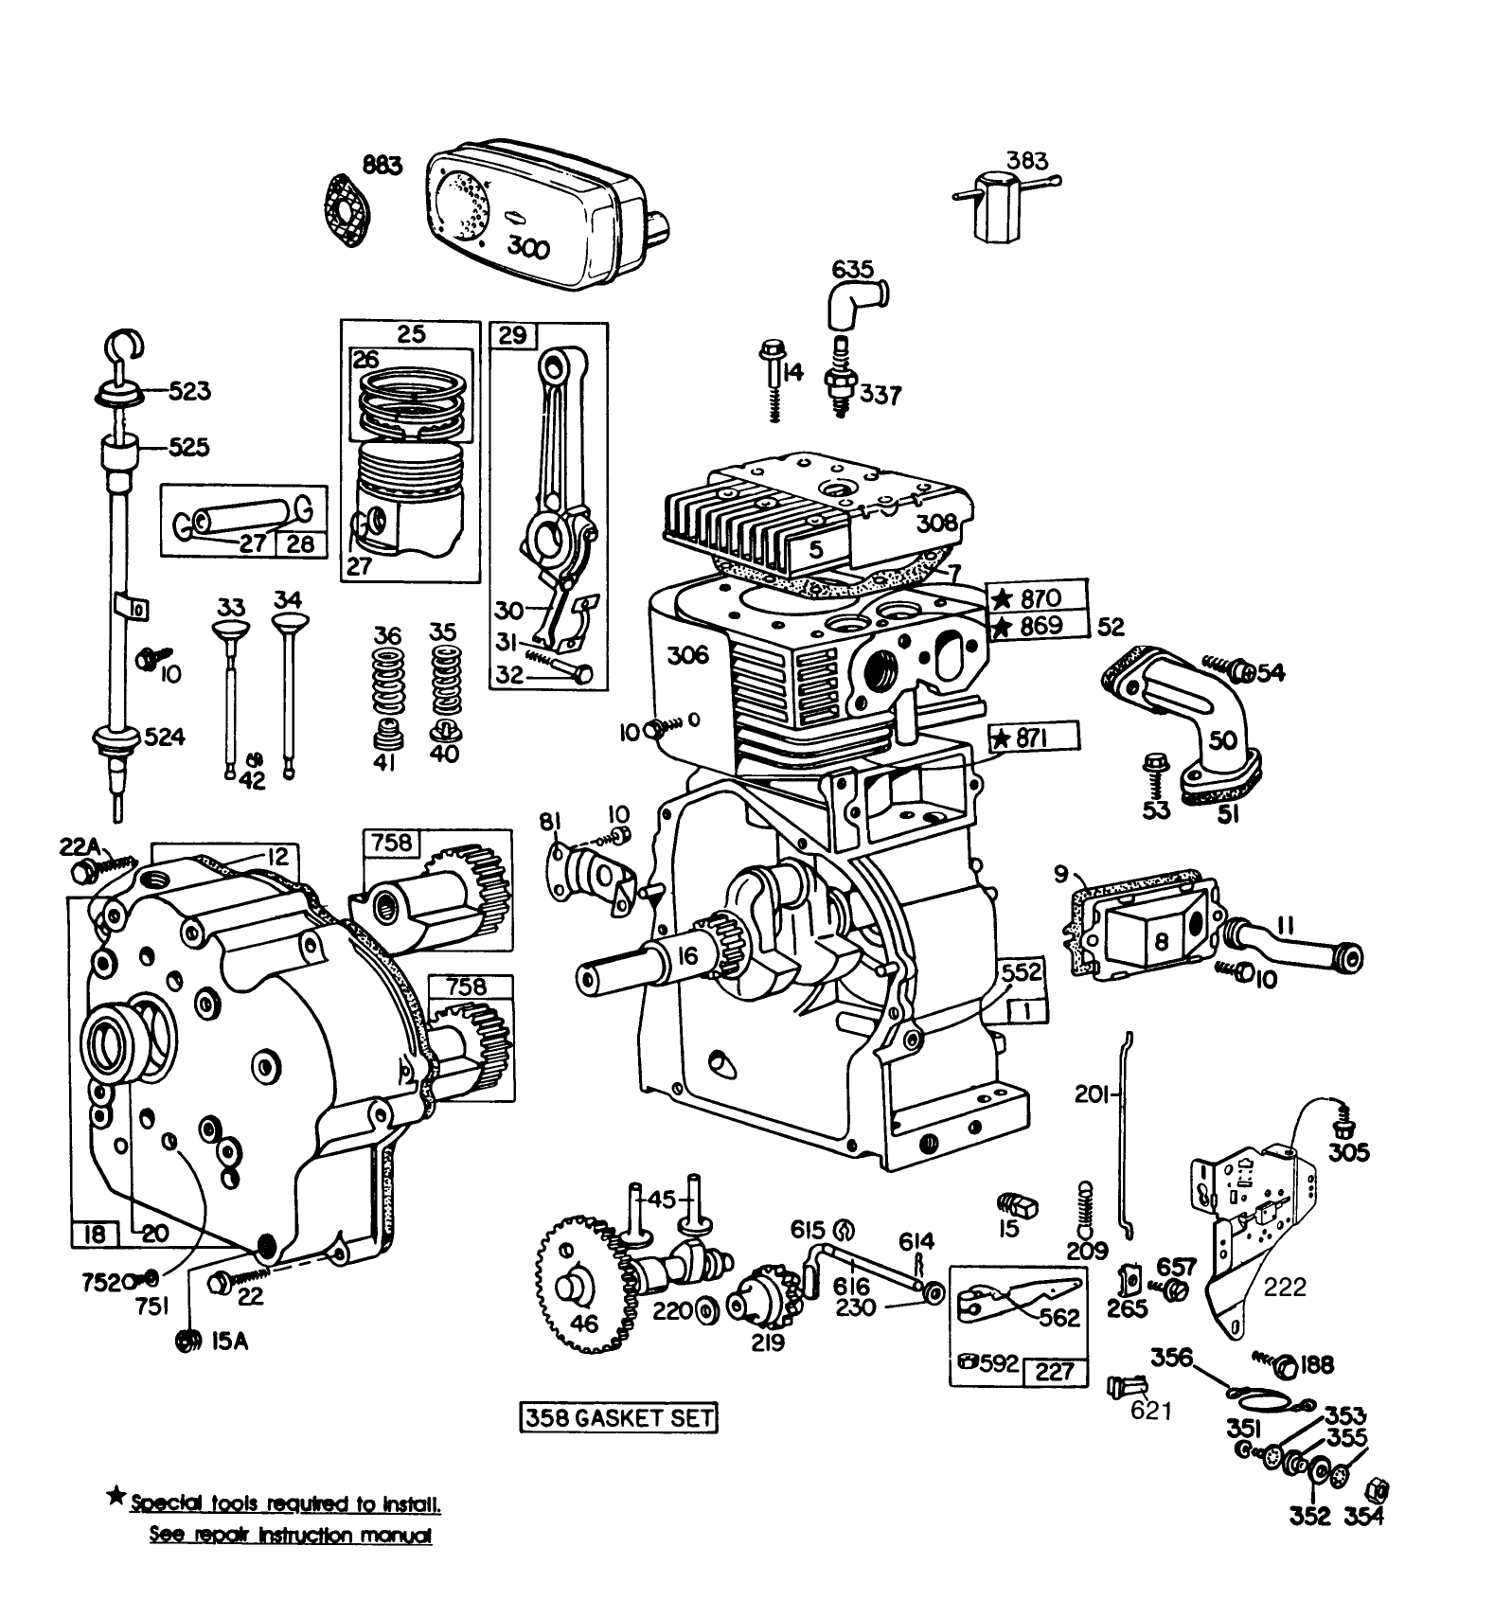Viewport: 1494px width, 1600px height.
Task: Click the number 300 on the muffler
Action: pos(528,248)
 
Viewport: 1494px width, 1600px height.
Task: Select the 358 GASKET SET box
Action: pos(618,1417)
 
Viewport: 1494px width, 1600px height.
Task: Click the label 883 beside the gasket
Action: pos(381,166)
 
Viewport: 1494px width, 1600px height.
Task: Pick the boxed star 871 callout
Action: pos(1032,738)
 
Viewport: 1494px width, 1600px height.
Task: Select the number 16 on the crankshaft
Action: pos(687,956)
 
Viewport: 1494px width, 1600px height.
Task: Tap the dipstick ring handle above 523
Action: pos(123,346)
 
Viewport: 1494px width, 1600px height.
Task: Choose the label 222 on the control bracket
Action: pos(1285,1287)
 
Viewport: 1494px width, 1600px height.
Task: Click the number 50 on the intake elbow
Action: pos(1222,738)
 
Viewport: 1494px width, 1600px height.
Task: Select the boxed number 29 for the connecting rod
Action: pos(512,334)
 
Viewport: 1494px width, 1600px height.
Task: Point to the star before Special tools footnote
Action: pos(116,1497)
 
